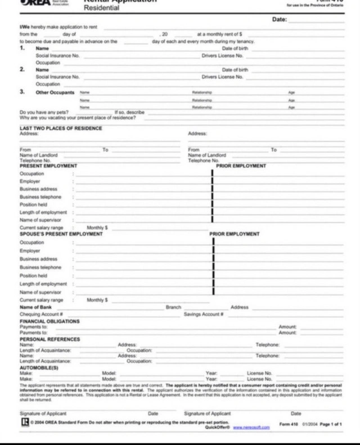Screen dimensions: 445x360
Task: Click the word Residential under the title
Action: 102,8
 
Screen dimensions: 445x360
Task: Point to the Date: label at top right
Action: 280,20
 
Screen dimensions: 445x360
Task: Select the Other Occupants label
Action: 55,92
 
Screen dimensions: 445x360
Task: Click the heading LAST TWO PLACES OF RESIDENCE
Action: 61,128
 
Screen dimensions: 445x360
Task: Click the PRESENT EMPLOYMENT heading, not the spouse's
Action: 48,166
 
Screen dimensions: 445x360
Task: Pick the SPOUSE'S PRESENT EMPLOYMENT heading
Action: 64,233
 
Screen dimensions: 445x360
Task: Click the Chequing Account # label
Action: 41,314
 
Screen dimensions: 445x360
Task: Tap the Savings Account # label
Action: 204,314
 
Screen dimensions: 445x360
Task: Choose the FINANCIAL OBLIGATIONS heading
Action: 49,321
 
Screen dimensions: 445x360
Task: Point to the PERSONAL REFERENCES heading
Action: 50,339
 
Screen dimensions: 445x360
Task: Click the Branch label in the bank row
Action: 173,307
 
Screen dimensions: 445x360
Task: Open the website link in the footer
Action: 251,428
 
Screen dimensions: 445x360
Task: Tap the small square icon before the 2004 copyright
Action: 25,421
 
